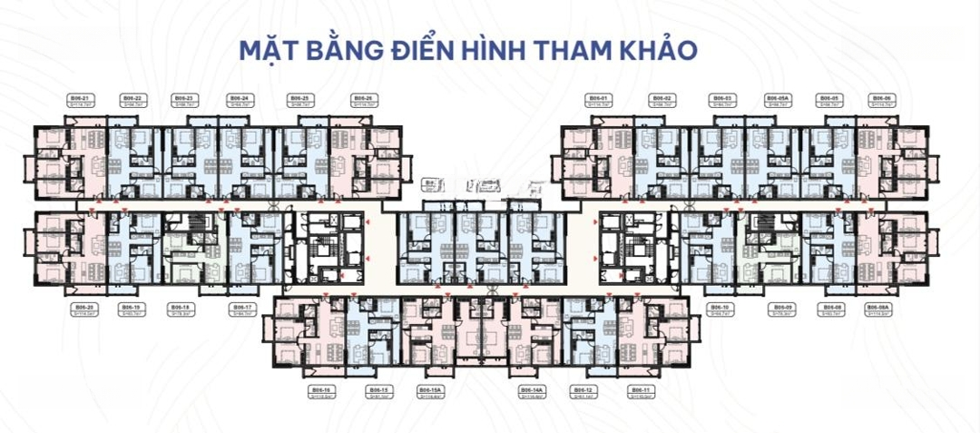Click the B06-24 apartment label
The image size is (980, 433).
coord(240,97)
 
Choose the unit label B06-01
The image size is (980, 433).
coord(597,97)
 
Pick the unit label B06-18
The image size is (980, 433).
coord(180,307)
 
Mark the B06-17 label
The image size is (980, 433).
coord(241,307)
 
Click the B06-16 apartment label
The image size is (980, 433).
coord(322,389)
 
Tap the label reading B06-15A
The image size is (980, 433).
coord(430,389)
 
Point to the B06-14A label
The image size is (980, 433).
coord(532,389)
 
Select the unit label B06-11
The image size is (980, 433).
coord(640,389)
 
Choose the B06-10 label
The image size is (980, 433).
coord(720,307)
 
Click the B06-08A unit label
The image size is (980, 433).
coord(878,307)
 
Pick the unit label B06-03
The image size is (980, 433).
coord(722,97)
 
